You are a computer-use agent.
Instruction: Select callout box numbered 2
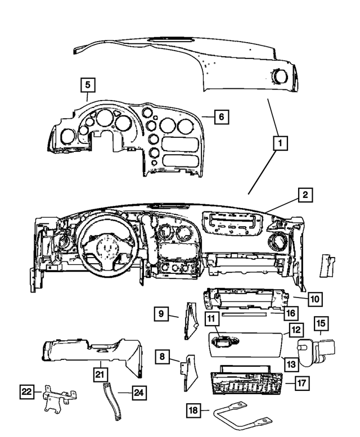(304, 195)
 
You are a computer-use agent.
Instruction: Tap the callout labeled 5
(87, 85)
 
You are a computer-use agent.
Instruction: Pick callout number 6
(221, 117)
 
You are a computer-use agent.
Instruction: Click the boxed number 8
(162, 356)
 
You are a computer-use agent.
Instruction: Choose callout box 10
(315, 299)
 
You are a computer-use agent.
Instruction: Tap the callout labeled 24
(138, 392)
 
